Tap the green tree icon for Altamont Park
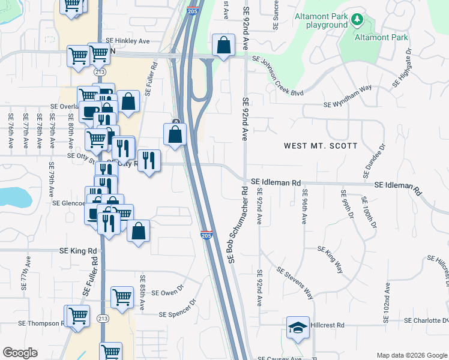pyautogui.click(x=357, y=20)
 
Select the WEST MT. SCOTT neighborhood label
pyautogui.click(x=321, y=146)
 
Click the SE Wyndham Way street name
pyautogui.click(x=352, y=99)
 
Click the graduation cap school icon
pyautogui.click(x=298, y=328)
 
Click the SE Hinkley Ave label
pyautogui.click(x=127, y=41)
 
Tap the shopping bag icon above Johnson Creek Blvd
pyautogui.click(x=223, y=44)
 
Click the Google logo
pyautogui.click(x=20, y=353)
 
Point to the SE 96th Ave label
pyautogui.click(x=305, y=206)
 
